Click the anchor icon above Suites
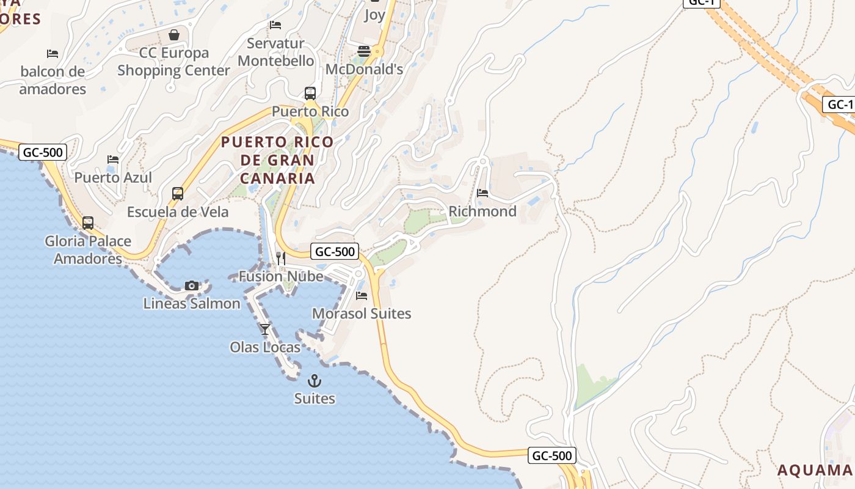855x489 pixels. click(x=315, y=381)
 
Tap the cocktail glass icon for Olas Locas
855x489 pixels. click(x=264, y=329)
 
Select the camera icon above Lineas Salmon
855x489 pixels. click(x=192, y=285)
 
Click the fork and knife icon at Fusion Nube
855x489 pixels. click(x=280, y=259)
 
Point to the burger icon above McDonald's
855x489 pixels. click(x=364, y=51)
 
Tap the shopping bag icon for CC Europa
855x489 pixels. click(x=174, y=35)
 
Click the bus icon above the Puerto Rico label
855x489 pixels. click(x=310, y=94)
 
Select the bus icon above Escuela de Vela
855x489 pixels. click(x=178, y=194)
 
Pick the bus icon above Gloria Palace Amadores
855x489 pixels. click(x=88, y=223)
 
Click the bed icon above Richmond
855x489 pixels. click(x=482, y=193)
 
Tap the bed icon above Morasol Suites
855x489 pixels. click(x=362, y=296)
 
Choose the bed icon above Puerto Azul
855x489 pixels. click(x=113, y=160)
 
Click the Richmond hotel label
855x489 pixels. click(x=482, y=211)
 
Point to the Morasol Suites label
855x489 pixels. click(x=362, y=314)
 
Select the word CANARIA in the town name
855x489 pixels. click(x=277, y=178)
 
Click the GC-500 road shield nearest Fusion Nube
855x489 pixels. click(x=334, y=251)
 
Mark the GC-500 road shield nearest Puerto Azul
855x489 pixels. click(x=42, y=152)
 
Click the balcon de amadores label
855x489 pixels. click(x=53, y=80)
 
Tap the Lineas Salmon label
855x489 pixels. click(x=192, y=303)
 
